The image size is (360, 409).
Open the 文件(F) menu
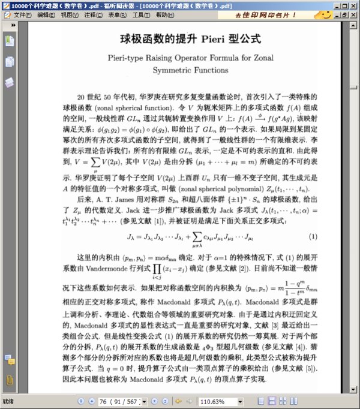tap(23, 14)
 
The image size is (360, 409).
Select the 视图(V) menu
tap(71, 14)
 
